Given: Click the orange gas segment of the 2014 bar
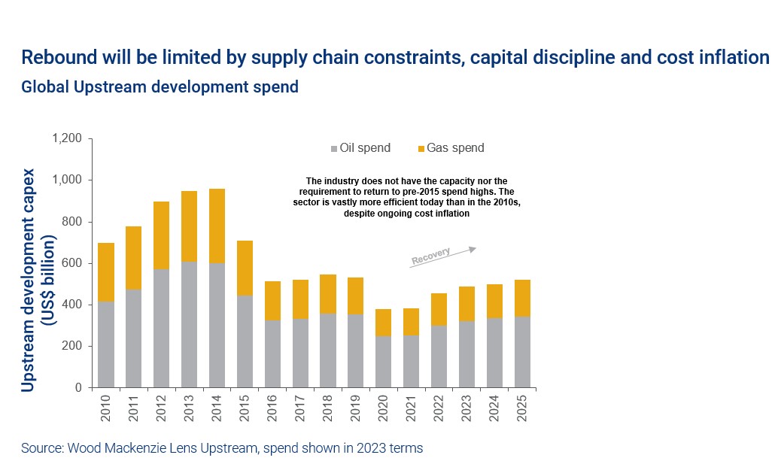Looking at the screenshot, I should pos(217,226).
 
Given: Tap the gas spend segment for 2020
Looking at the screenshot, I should pos(384,323).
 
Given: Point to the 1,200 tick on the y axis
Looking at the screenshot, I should pos(66,139).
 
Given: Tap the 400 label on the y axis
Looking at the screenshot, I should pos(71,305).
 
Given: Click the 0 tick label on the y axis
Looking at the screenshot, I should pos(77,388).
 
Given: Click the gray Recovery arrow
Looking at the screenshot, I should pos(442,255).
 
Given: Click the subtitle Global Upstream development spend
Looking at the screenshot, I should pos(160,87).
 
